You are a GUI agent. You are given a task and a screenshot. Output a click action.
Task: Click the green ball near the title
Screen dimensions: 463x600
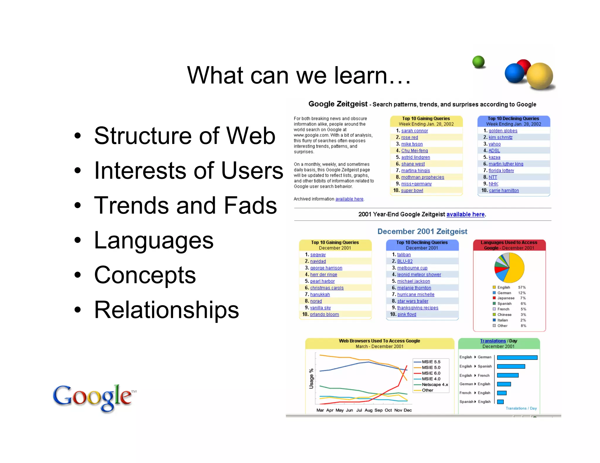pyautogui.click(x=478, y=62)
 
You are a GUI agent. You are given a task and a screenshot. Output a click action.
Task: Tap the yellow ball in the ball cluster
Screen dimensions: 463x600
pyautogui.click(x=540, y=76)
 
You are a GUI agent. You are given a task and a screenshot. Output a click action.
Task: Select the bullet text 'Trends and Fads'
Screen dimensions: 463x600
pyautogui.click(x=185, y=205)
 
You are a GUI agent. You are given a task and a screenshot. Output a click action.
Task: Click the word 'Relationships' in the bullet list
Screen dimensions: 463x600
pyautogui.click(x=166, y=310)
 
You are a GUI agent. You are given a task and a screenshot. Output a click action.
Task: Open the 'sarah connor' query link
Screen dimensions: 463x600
pyautogui.click(x=414, y=131)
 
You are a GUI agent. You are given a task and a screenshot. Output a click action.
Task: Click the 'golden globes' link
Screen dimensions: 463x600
pyautogui.click(x=503, y=131)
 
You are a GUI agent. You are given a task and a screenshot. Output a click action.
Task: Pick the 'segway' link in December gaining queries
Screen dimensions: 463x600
pyautogui.click(x=318, y=255)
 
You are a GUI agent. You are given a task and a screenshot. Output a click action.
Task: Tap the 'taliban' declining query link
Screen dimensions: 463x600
pyautogui.click(x=404, y=255)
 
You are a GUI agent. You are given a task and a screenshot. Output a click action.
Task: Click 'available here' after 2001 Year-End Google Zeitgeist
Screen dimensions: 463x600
pyautogui.click(x=465, y=214)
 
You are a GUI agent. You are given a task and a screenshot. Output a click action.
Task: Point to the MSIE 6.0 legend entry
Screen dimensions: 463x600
pyautogui.click(x=431, y=373)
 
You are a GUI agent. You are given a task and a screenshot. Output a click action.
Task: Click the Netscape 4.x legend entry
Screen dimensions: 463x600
pyautogui.click(x=434, y=385)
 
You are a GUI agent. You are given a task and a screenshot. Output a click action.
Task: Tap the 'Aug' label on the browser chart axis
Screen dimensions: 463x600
pyautogui.click(x=368, y=410)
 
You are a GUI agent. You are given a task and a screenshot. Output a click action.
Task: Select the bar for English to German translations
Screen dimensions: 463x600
pyautogui.click(x=517, y=357)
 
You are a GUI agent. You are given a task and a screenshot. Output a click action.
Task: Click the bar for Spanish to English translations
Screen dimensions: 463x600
pyautogui.click(x=500, y=402)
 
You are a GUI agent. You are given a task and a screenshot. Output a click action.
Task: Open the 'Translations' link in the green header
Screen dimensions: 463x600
pyautogui.click(x=493, y=341)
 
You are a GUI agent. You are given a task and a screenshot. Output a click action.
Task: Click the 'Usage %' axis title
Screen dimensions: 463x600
pyautogui.click(x=311, y=379)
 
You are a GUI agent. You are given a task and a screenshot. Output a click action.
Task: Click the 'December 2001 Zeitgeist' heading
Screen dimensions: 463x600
pyautogui.click(x=422, y=231)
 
